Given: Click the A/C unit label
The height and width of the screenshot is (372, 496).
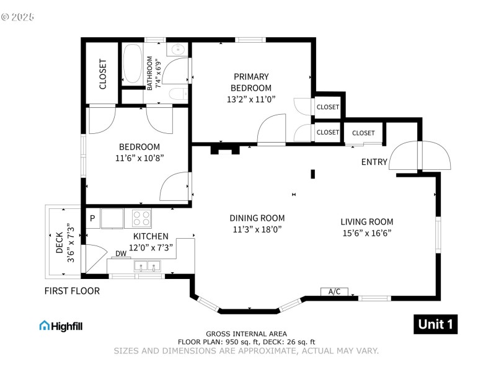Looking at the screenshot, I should (x=334, y=291).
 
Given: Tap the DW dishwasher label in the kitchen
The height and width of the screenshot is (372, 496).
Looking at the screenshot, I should (x=121, y=254).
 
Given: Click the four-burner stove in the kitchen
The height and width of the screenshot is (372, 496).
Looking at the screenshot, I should (x=141, y=218).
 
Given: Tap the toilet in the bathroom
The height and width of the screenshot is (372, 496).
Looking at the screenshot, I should (x=179, y=94).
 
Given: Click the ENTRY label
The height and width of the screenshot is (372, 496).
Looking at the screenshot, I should (x=374, y=162).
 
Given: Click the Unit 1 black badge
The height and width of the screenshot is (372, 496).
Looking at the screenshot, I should (x=435, y=324).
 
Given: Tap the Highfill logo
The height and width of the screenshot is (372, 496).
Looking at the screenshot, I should (x=61, y=325).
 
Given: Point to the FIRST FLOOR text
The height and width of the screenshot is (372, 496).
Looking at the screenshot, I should (x=72, y=291).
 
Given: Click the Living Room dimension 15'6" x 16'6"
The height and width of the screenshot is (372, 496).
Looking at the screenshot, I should (x=366, y=233).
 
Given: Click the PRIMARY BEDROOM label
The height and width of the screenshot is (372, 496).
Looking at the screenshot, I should (x=251, y=82).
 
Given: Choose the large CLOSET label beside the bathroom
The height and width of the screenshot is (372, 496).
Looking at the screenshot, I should (x=103, y=73).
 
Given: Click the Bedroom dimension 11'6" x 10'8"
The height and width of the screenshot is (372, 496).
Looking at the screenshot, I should (x=139, y=158).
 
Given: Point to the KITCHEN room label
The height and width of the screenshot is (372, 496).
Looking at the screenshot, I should (x=151, y=236).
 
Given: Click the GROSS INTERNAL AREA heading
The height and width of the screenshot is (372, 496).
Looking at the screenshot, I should (x=246, y=334).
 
